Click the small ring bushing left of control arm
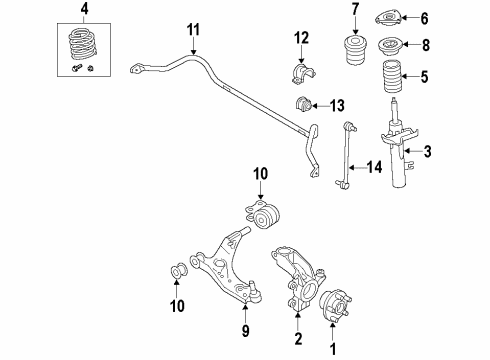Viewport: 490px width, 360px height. [180, 273]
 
